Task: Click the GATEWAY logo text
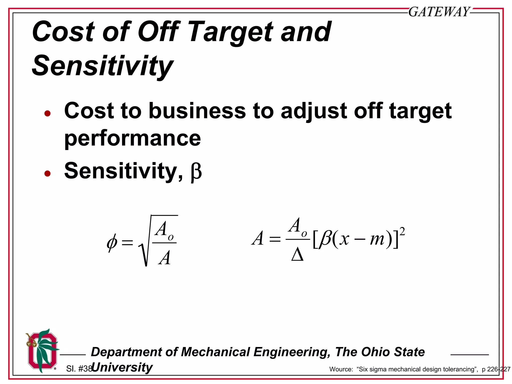[439, 12]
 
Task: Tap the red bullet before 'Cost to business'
[47, 114]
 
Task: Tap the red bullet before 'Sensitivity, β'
[47, 173]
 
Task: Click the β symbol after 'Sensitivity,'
[196, 172]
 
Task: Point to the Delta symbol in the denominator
[297, 255]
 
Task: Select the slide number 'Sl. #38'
[79, 368]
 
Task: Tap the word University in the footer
[122, 367]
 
